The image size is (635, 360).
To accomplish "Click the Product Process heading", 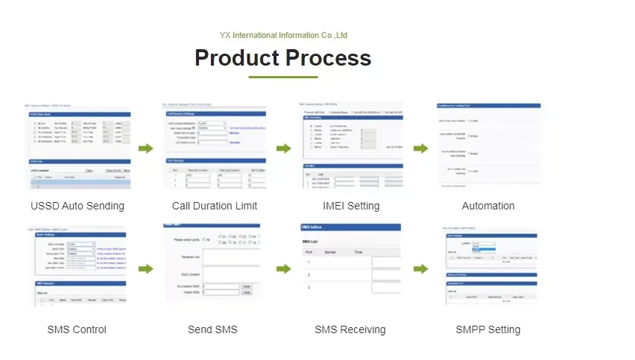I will (282, 57).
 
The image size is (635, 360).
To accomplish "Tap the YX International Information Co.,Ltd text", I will (283, 35).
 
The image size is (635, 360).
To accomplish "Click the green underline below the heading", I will (282, 77).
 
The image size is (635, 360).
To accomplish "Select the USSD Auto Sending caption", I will (78, 206).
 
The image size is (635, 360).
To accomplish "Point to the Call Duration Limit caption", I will (215, 206).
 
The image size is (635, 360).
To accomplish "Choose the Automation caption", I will (488, 206).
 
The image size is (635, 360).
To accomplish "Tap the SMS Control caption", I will (77, 329).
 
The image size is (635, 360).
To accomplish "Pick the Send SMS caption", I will (212, 329).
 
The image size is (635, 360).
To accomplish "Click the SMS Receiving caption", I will (350, 329).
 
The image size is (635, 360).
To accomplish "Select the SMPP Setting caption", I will (488, 329).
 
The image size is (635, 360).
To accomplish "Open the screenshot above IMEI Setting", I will (350, 146).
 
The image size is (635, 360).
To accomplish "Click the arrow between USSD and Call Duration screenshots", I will (146, 148).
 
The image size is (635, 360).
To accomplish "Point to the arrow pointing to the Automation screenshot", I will (421, 148).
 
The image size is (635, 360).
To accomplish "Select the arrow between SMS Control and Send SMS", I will (146, 269).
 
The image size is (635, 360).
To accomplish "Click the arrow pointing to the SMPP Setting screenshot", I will (421, 269).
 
